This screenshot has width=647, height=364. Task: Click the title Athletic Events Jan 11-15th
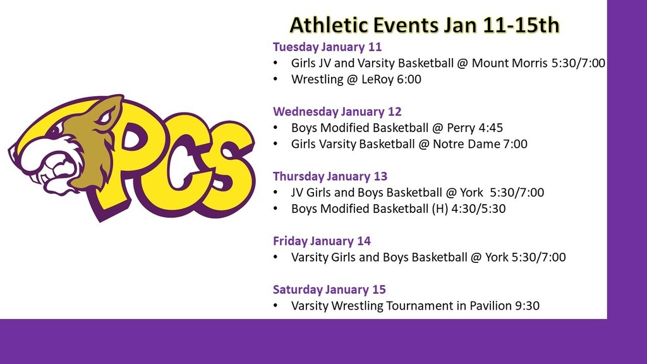click(x=425, y=25)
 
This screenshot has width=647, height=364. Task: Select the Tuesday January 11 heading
click(x=327, y=47)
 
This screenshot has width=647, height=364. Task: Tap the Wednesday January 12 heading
click(x=337, y=111)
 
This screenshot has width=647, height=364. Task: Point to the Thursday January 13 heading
click(x=330, y=176)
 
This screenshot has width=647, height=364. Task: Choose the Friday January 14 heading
click(x=322, y=241)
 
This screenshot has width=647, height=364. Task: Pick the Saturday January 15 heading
click(x=329, y=289)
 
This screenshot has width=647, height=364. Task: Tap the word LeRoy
click(x=378, y=79)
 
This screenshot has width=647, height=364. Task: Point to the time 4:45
click(x=490, y=128)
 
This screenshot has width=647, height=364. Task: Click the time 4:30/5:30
click(x=478, y=209)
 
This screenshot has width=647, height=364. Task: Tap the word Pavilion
click(x=490, y=306)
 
